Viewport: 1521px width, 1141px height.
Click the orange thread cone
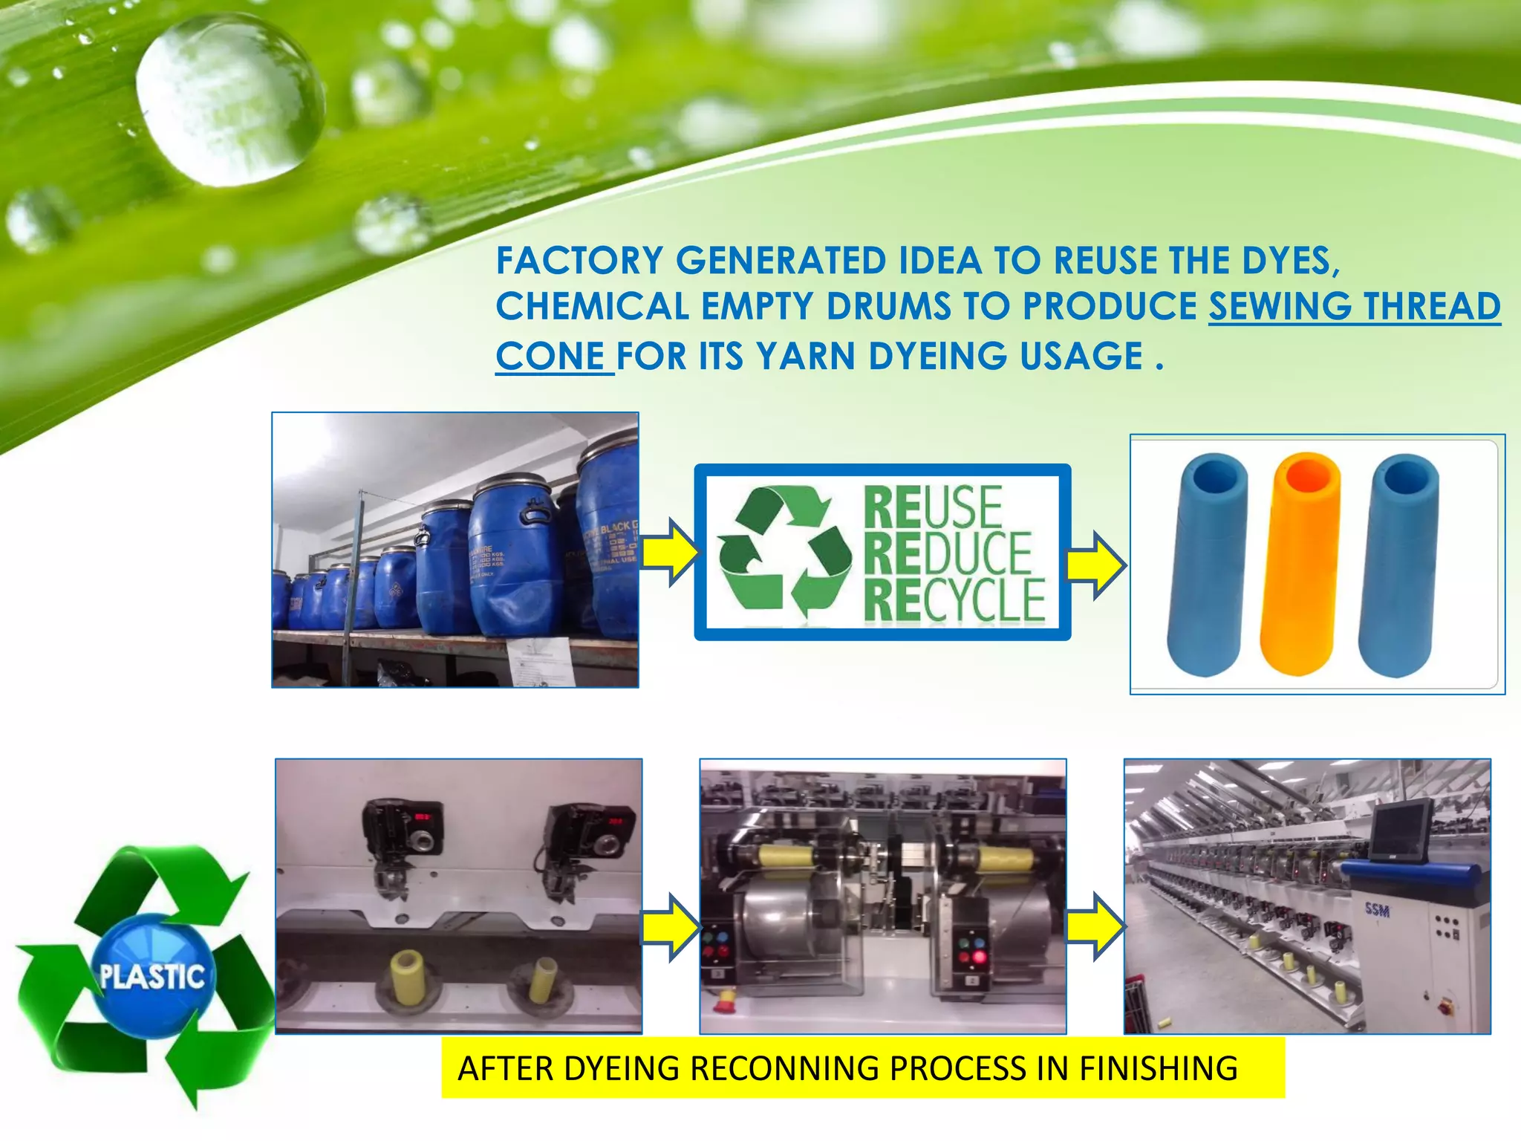[x=1301, y=565]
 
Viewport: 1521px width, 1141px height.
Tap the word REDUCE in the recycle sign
[x=947, y=553]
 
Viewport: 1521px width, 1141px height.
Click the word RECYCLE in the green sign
[x=954, y=600]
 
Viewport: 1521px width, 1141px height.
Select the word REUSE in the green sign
[x=934, y=507]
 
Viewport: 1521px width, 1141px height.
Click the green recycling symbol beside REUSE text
[x=784, y=553]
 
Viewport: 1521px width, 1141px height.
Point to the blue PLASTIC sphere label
[x=152, y=976]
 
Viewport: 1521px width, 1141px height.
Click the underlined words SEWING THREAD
[x=1354, y=307]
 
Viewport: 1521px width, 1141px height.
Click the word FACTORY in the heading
[x=579, y=261]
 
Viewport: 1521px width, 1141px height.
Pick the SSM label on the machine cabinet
[x=1377, y=909]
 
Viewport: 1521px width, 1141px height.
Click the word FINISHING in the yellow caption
[x=1158, y=1069]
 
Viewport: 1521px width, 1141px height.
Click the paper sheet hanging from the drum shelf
[x=541, y=661]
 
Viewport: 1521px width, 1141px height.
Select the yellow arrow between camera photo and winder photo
[x=670, y=928]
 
